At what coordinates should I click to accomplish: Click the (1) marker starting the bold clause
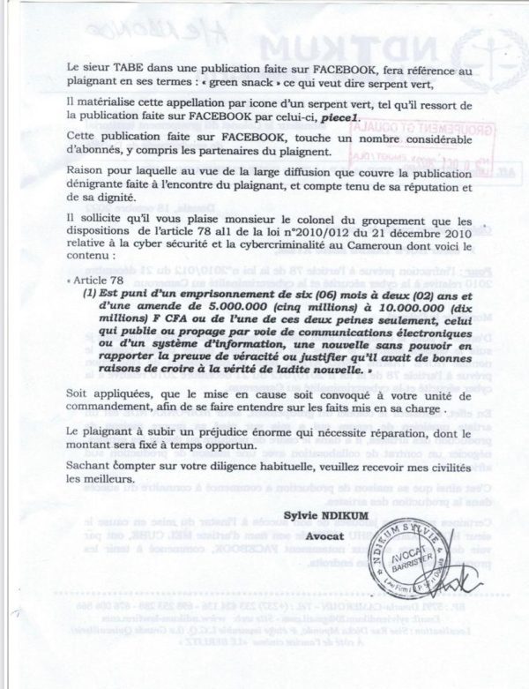pos(89,291)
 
